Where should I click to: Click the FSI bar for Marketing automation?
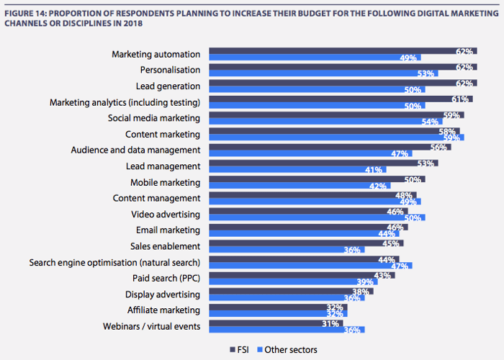coord(338,51)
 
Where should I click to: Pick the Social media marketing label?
coord(153,118)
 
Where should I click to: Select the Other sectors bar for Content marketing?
coord(335,137)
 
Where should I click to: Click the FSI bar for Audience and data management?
coord(328,147)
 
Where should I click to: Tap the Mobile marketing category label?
coord(165,182)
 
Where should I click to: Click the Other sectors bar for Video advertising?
coord(317,217)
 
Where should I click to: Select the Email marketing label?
coord(168,230)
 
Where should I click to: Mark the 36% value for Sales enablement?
coord(353,249)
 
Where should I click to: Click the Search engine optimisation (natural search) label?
coord(114,261)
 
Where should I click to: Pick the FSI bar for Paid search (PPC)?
coord(299,275)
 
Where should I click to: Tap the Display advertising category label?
coord(162,294)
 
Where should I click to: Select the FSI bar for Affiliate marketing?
coord(277,306)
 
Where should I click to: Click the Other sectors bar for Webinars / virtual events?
coord(286,330)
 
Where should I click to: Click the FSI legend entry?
coord(238,349)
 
